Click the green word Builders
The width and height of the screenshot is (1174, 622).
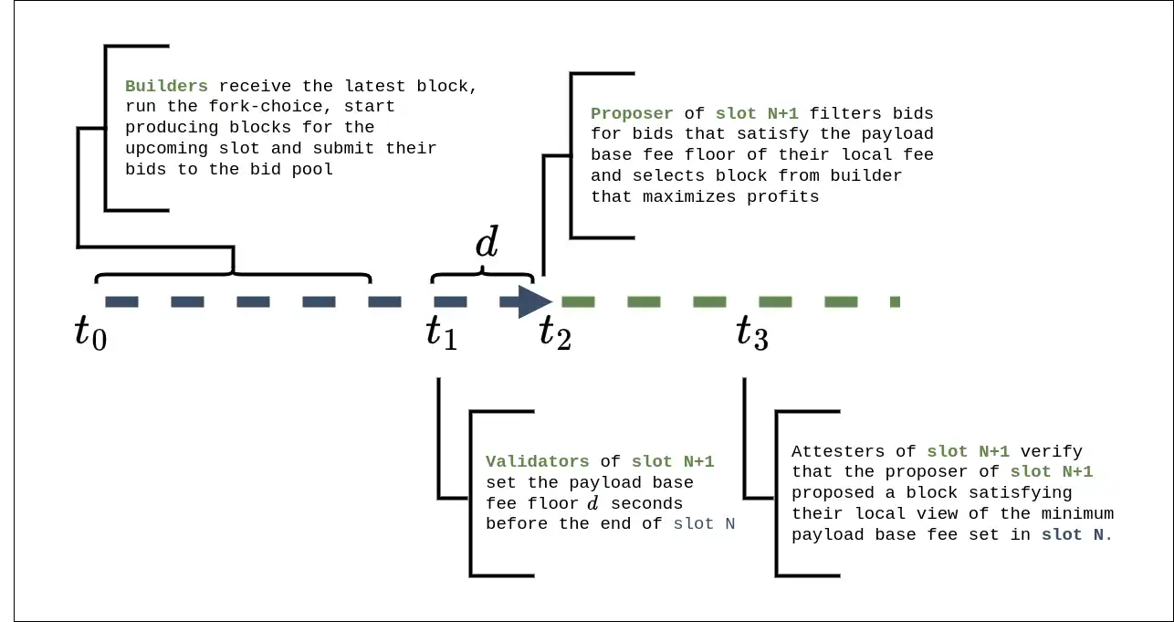[x=166, y=87]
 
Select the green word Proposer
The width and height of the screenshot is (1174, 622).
[x=632, y=113]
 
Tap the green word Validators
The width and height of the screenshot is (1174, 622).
[x=538, y=462]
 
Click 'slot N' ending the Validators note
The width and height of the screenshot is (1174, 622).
[x=704, y=524]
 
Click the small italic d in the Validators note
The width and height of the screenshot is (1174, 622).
[x=593, y=503]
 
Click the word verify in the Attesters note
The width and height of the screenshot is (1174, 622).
[x=1052, y=451]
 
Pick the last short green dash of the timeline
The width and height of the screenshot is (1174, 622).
[x=895, y=301]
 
